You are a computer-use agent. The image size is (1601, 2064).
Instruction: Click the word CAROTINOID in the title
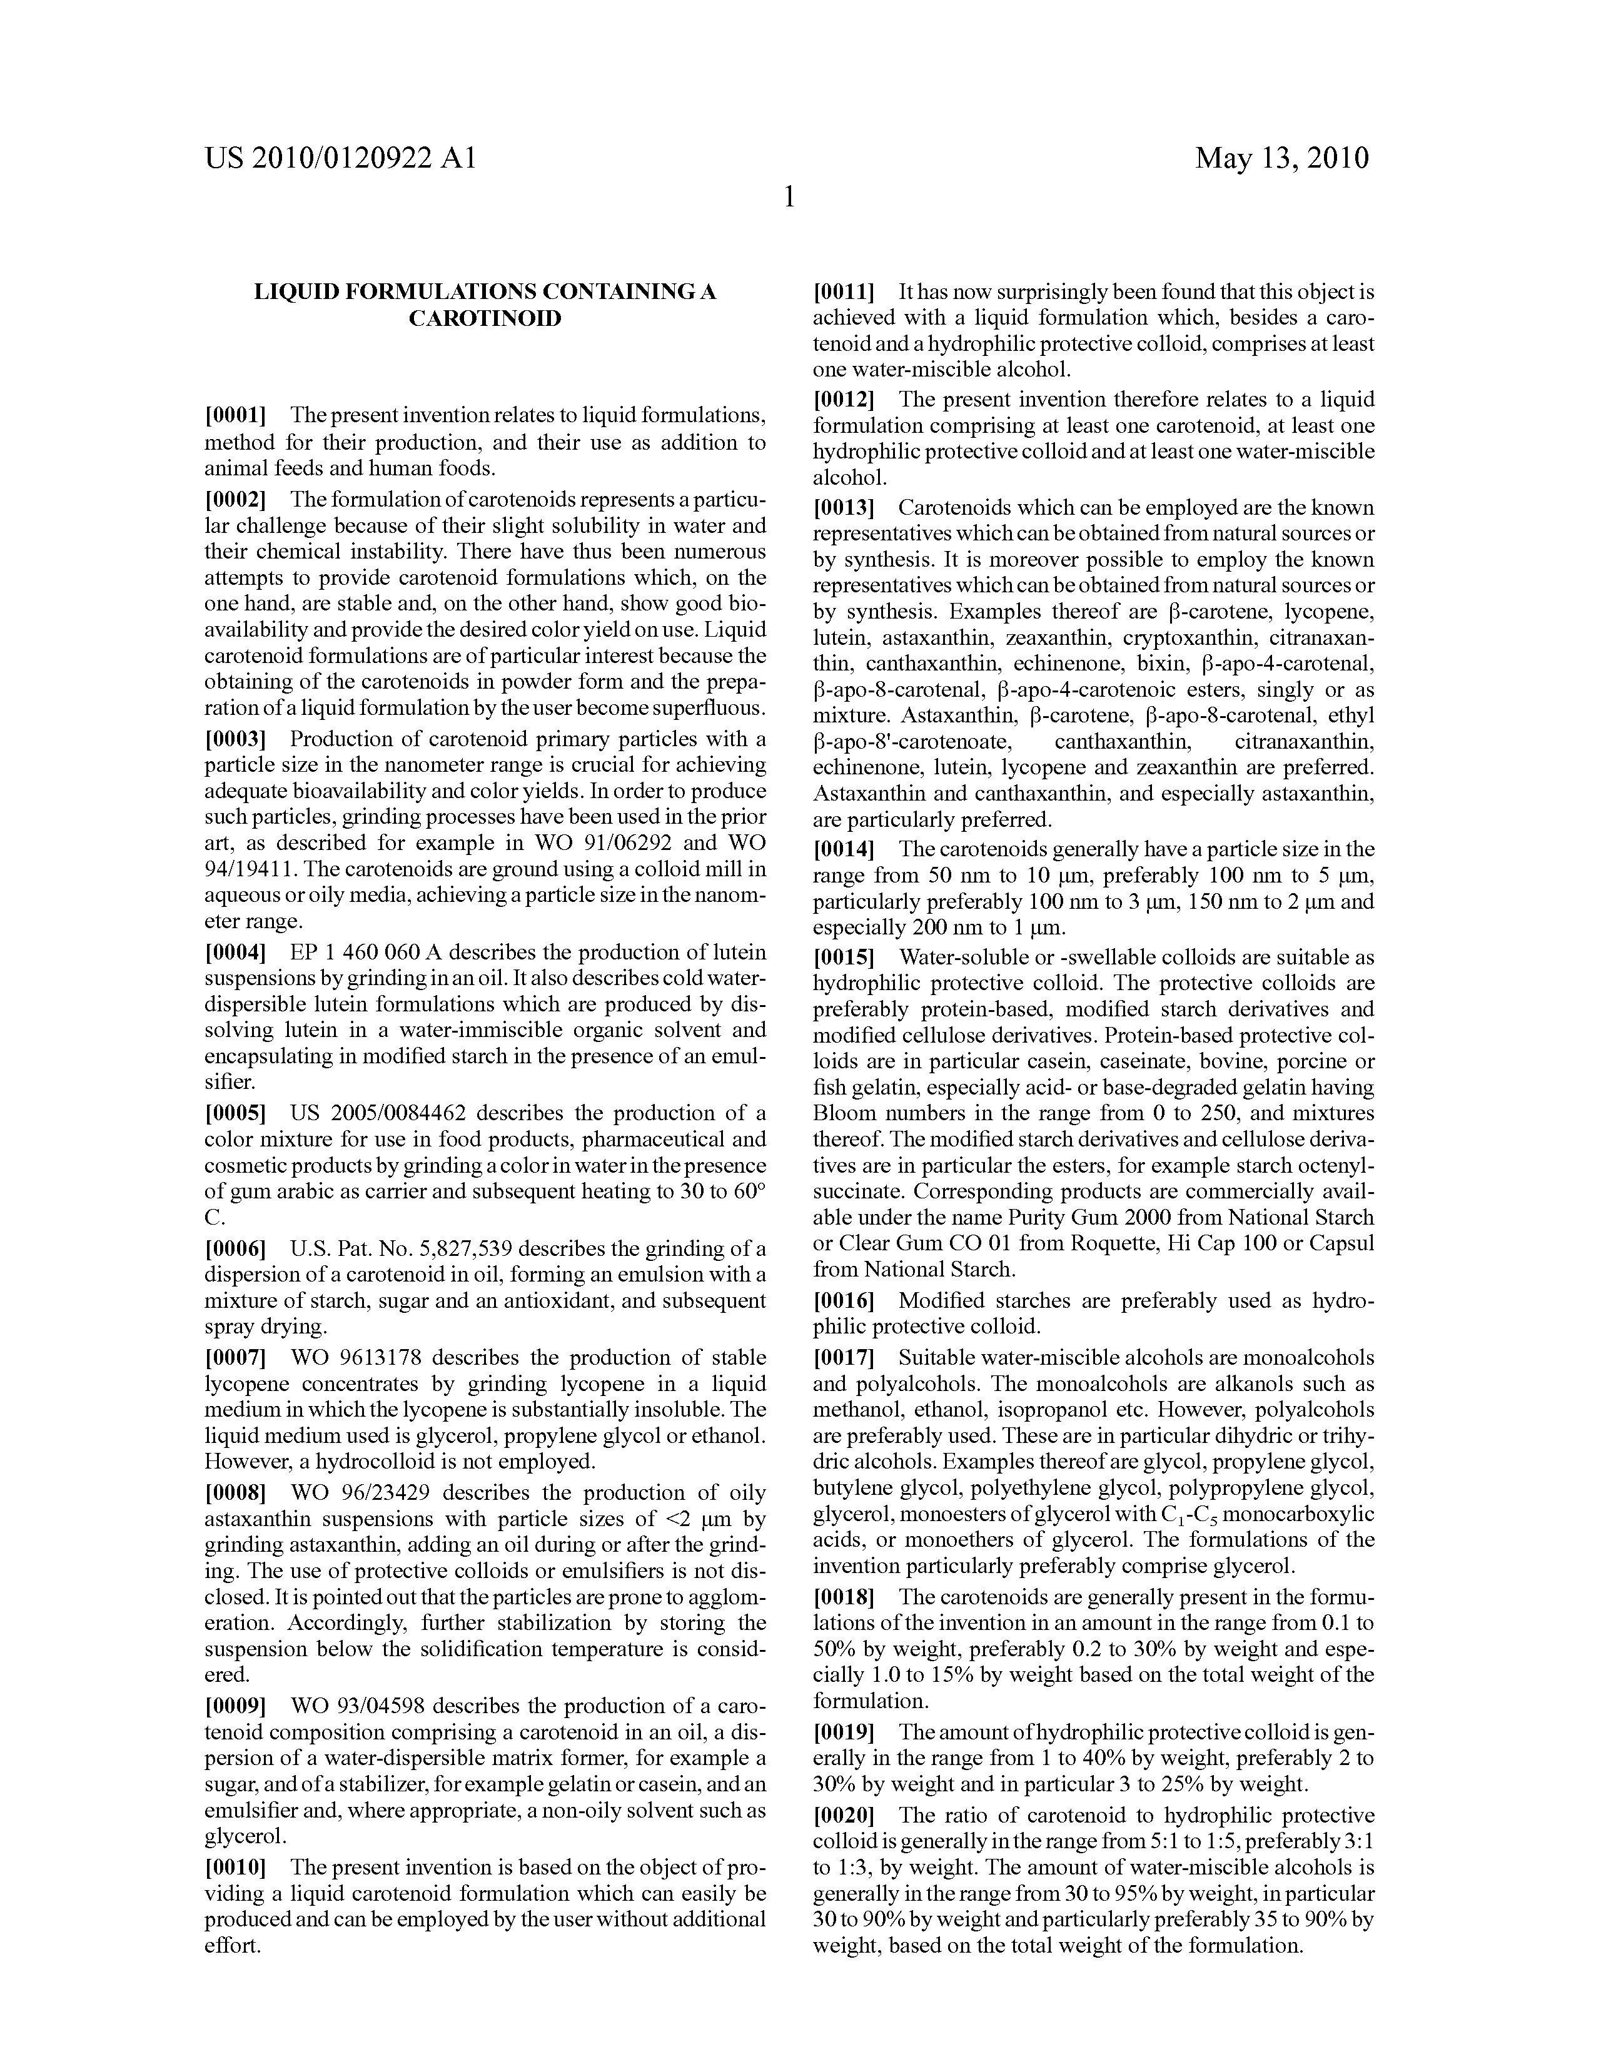coord(485,318)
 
